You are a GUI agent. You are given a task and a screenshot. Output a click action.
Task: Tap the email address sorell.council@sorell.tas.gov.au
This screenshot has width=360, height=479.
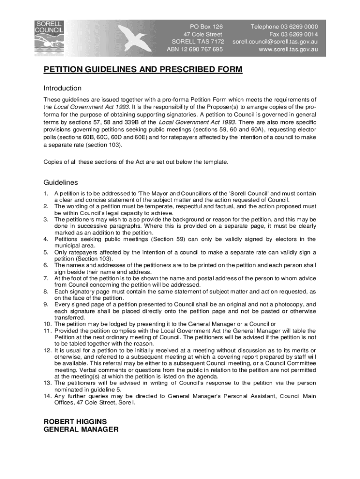(x=275, y=42)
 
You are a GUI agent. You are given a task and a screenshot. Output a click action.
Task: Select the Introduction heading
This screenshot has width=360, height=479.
(x=63, y=88)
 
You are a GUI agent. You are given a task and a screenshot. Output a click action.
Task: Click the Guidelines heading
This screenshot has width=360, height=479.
(x=61, y=182)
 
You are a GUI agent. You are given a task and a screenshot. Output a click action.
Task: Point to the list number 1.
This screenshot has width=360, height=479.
(x=46, y=194)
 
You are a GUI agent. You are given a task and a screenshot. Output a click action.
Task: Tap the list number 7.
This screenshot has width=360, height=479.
(x=46, y=278)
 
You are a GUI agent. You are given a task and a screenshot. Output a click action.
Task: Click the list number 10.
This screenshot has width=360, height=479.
(x=47, y=324)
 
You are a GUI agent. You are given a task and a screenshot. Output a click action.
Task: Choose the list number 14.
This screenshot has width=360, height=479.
(x=47, y=396)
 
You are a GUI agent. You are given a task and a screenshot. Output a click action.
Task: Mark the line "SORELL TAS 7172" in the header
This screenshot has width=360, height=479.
(x=198, y=42)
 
